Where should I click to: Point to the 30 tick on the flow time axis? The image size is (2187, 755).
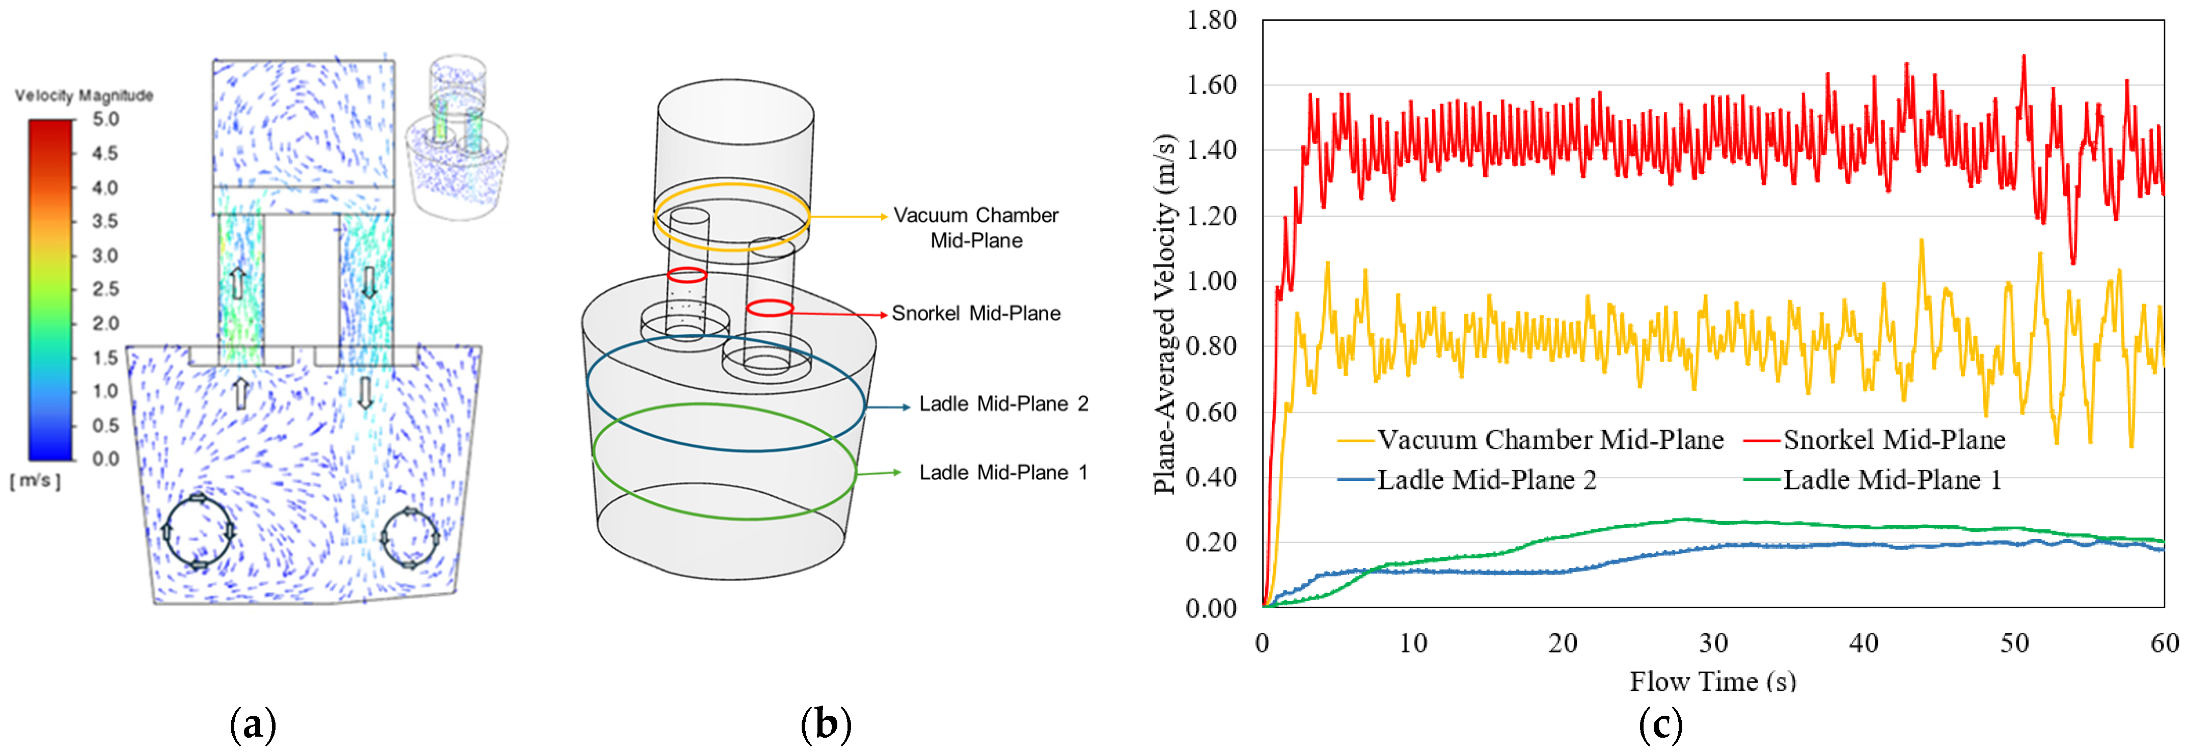coord(1713,643)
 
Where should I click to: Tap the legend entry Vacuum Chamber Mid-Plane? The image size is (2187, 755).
coord(1549,440)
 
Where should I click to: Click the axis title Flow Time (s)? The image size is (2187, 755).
coord(1712,681)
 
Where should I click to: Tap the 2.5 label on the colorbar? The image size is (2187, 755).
coord(105,289)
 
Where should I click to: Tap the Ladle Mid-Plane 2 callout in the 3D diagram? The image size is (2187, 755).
coord(1003,405)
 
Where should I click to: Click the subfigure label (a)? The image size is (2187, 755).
coord(253,724)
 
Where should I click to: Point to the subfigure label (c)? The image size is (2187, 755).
coord(1660,724)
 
